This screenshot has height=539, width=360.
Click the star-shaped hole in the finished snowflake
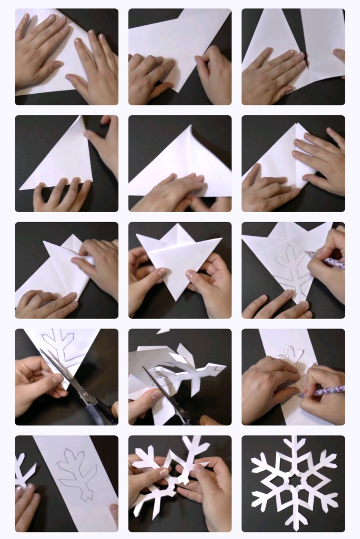click(293, 481)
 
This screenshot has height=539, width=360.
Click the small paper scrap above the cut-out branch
click(163, 332)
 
